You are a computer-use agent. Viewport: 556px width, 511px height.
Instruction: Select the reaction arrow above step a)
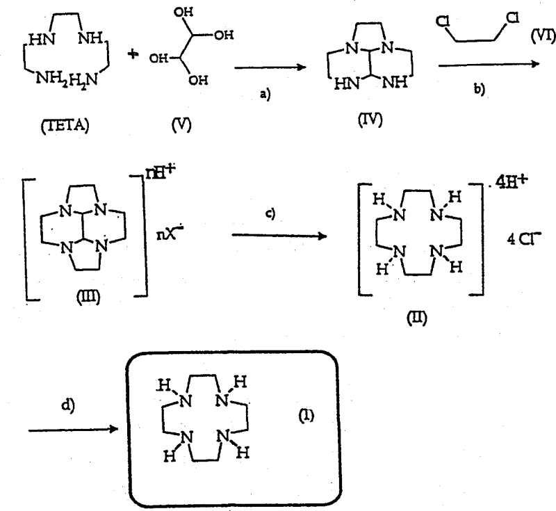(x=270, y=67)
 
